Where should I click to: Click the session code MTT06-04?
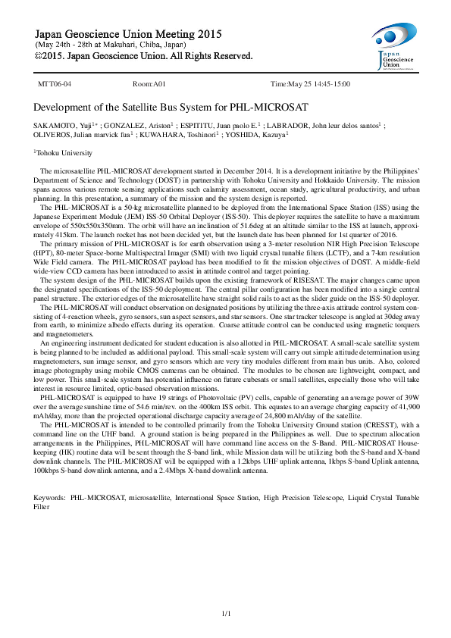(x=55, y=83)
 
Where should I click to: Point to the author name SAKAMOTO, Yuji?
(x=66, y=124)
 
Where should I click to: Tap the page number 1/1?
(x=225, y=612)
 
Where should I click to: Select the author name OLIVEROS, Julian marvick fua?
(x=83, y=134)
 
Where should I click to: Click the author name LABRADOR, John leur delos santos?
(x=323, y=124)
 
